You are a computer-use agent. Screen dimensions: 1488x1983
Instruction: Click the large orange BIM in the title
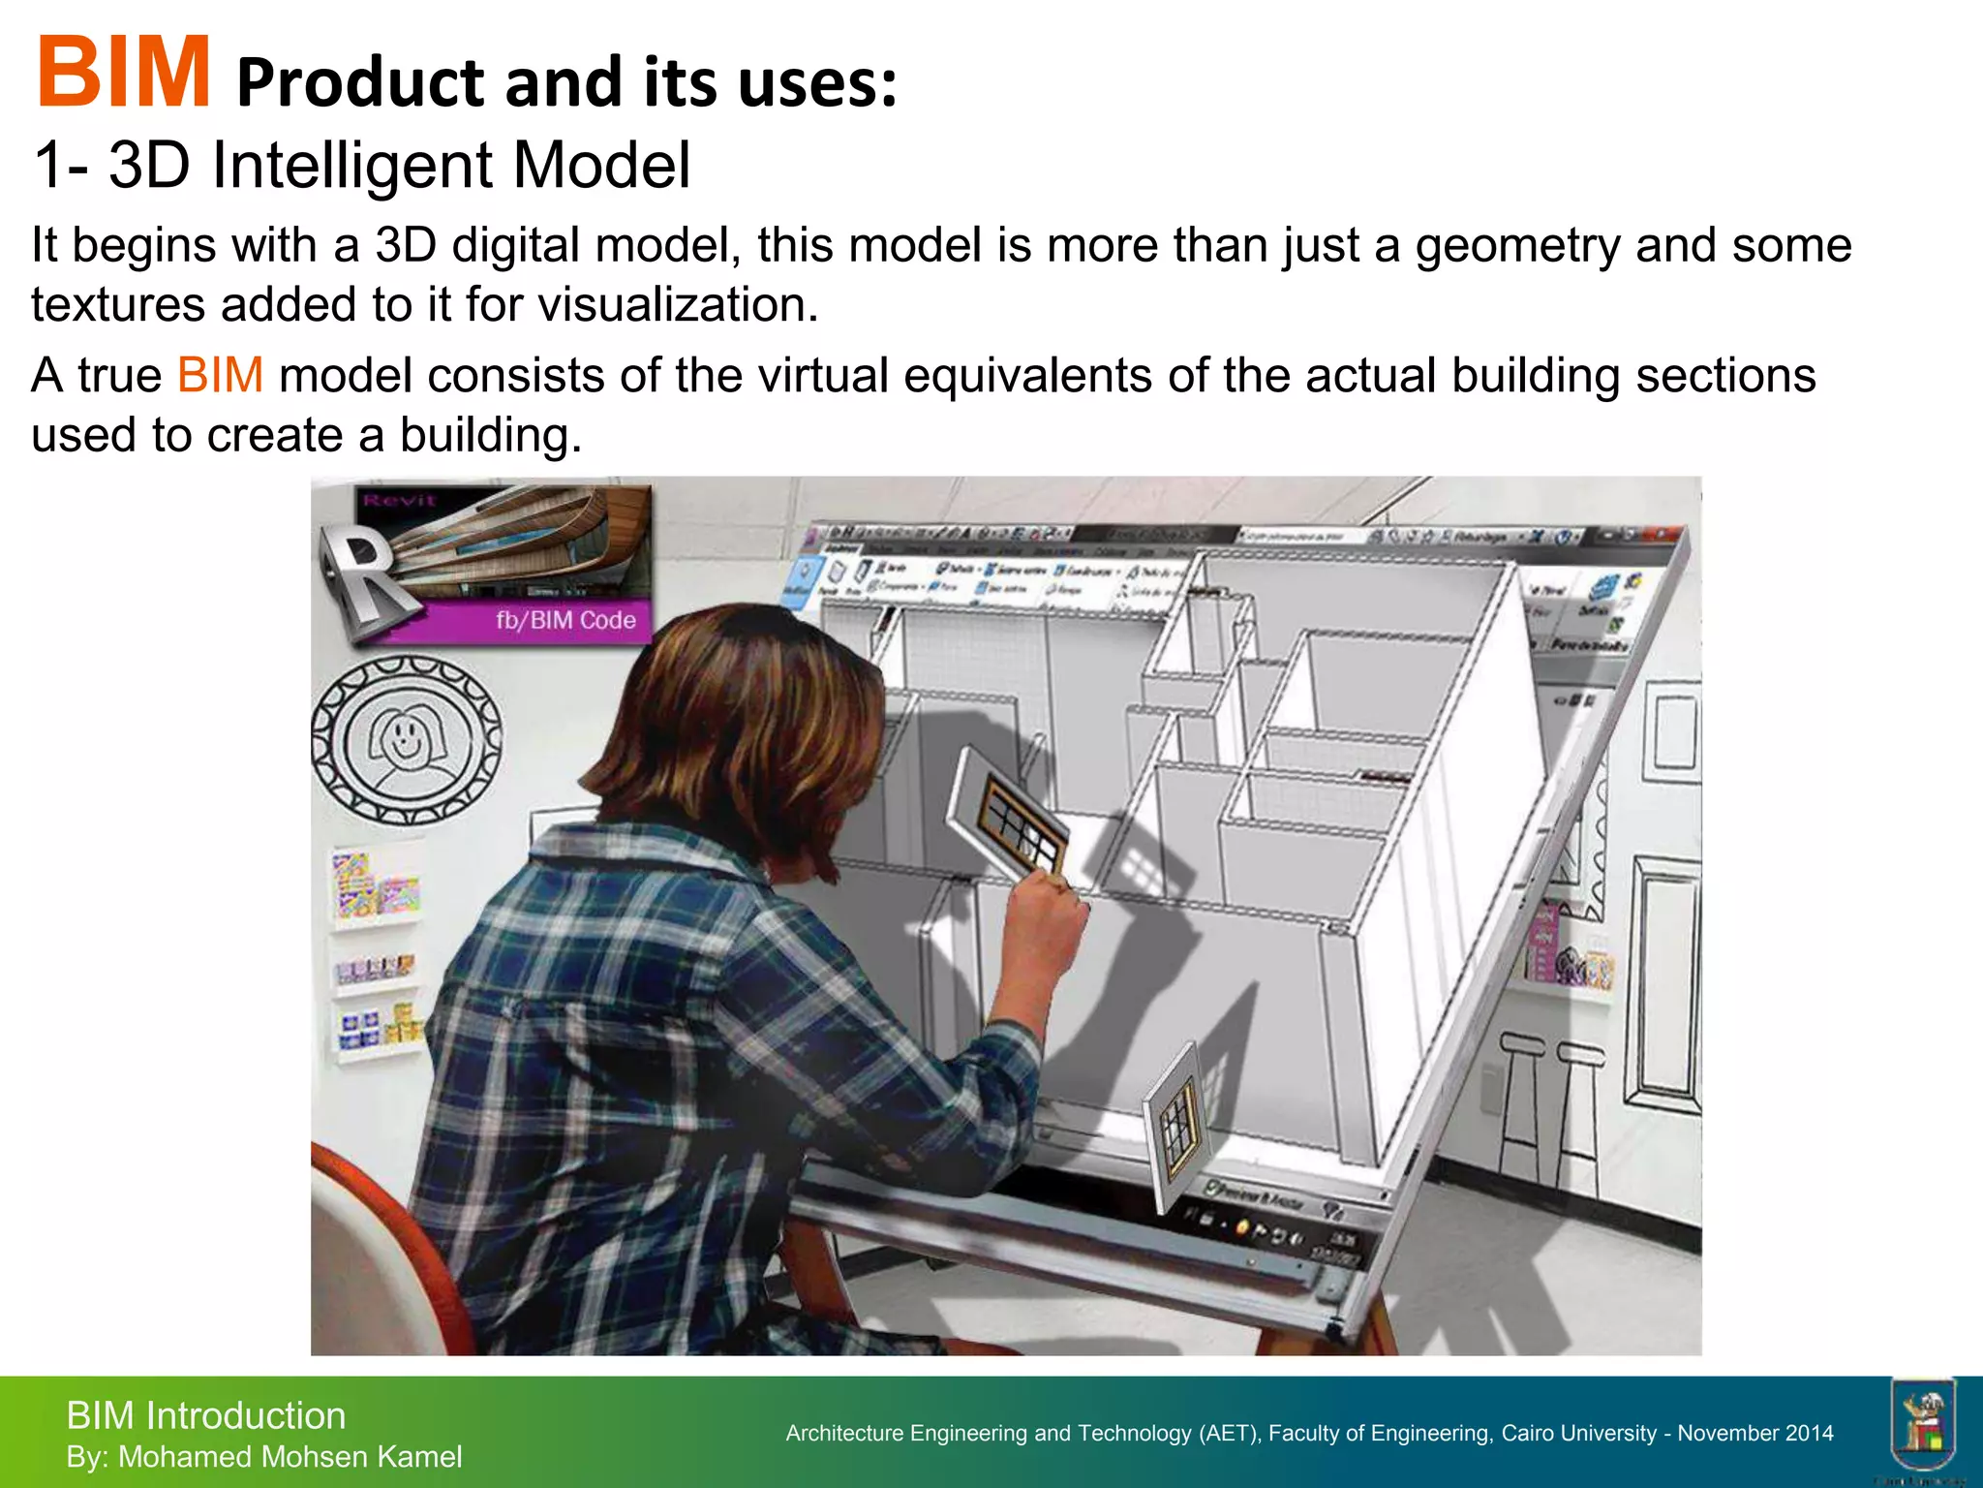pyautogui.click(x=123, y=73)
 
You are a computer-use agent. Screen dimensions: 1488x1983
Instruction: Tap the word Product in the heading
pyautogui.click(x=359, y=83)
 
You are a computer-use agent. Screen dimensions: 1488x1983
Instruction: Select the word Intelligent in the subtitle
pyautogui.click(x=353, y=166)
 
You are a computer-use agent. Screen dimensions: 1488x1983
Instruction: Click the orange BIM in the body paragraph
pyautogui.click(x=220, y=376)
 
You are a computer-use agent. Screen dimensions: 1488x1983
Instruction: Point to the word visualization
pyautogui.click(x=678, y=306)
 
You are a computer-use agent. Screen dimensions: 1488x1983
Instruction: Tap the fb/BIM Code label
pyautogui.click(x=565, y=621)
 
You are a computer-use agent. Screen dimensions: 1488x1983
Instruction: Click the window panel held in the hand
pyautogui.click(x=1012, y=814)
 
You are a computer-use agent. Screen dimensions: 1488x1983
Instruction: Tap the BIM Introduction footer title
pyautogui.click(x=205, y=1416)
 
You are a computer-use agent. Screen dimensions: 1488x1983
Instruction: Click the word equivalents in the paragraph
pyautogui.click(x=1027, y=376)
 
